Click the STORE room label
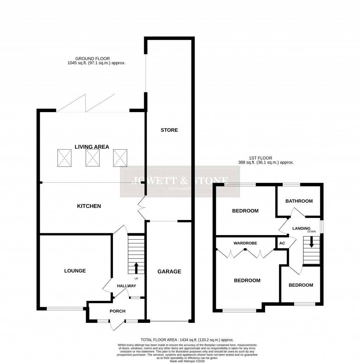tap(169, 130)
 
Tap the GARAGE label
tap(169, 271)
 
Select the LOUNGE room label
tap(75, 271)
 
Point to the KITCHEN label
tap(89, 206)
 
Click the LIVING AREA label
tap(92, 147)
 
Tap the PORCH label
tap(117, 311)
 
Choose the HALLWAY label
tap(127, 286)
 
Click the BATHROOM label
tap(299, 201)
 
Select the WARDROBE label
tap(245, 243)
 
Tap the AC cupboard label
tap(282, 243)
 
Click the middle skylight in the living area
tap(92, 157)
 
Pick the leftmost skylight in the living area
tap(64, 157)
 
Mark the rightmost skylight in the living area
tap(120, 157)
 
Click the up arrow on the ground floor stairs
tap(136, 268)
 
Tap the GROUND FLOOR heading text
tap(92, 59)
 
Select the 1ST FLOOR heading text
tap(261, 158)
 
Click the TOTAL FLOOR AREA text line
tap(187, 340)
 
